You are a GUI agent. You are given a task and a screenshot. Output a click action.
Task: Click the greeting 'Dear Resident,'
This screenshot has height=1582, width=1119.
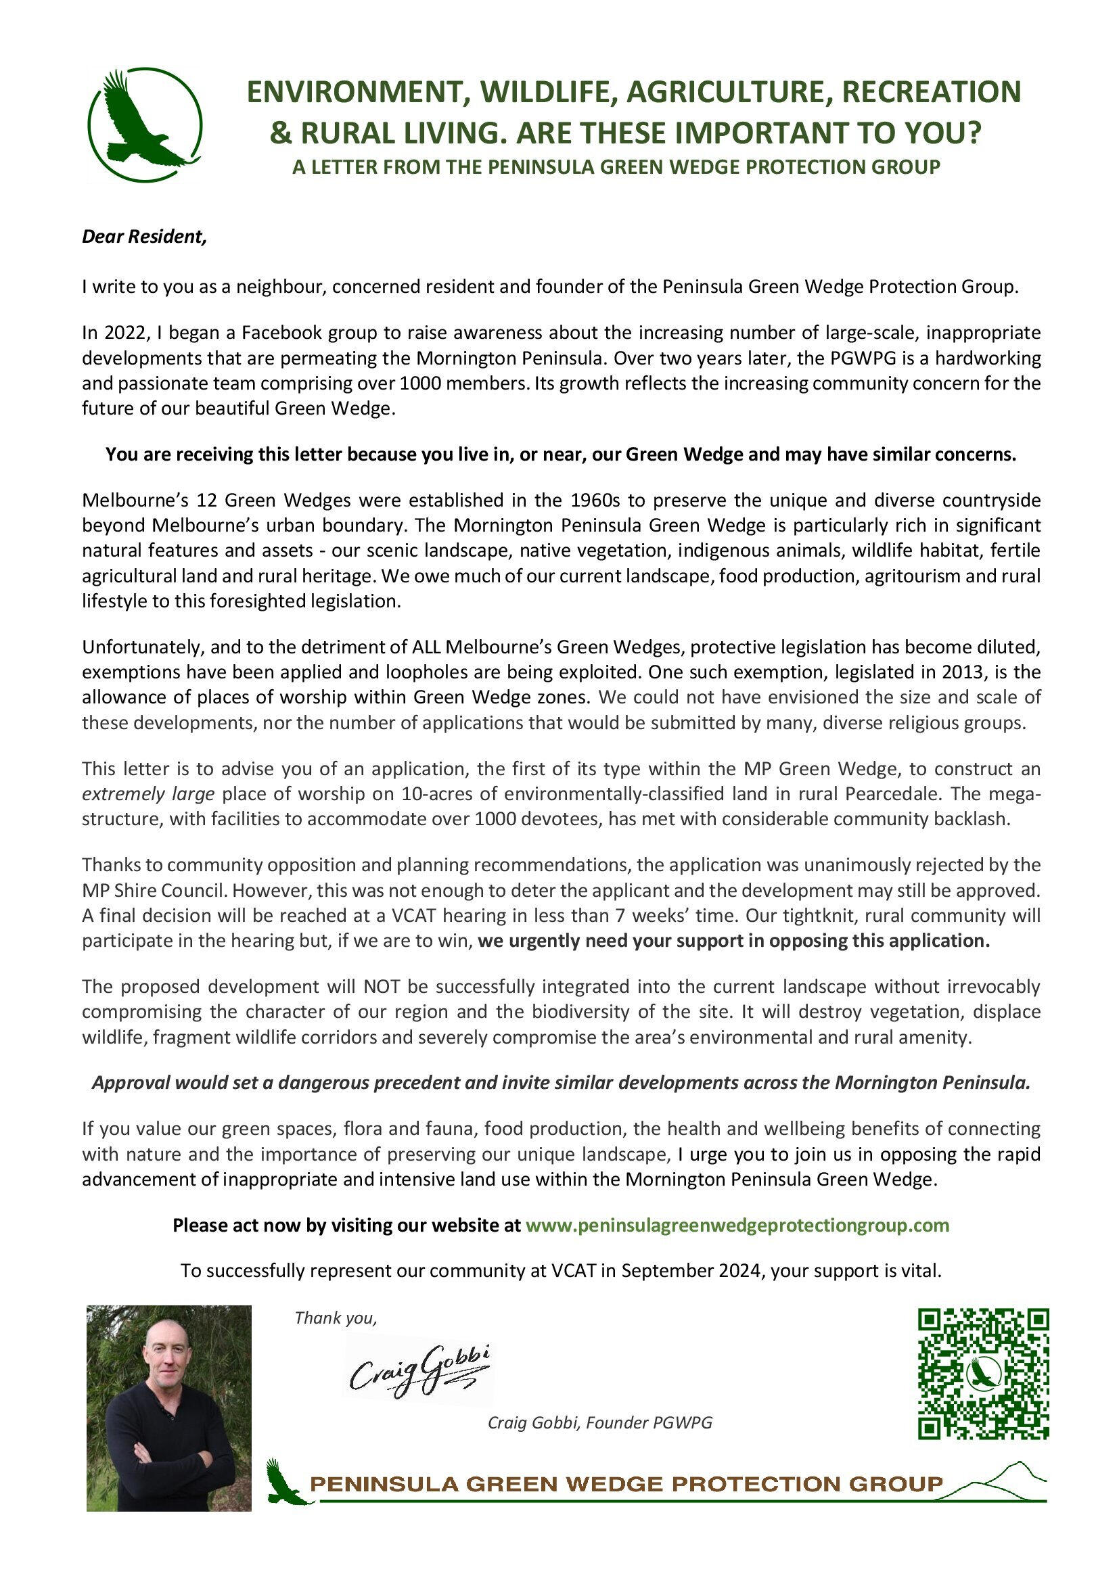click(144, 237)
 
